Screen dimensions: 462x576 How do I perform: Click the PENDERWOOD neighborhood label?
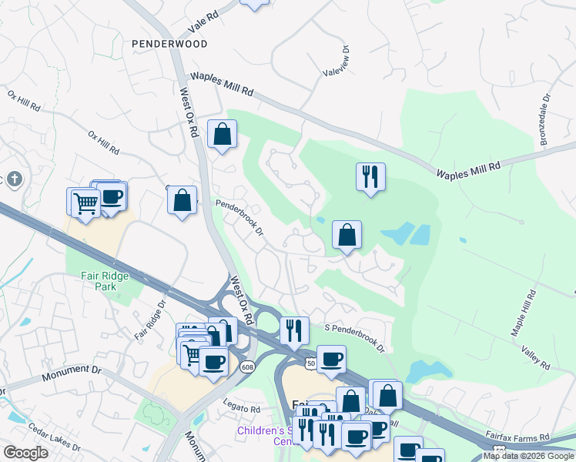click(169, 44)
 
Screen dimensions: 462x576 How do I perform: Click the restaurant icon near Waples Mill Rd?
click(370, 177)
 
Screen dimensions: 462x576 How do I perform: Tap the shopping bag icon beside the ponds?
click(347, 234)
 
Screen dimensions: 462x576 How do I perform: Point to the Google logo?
click(25, 453)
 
